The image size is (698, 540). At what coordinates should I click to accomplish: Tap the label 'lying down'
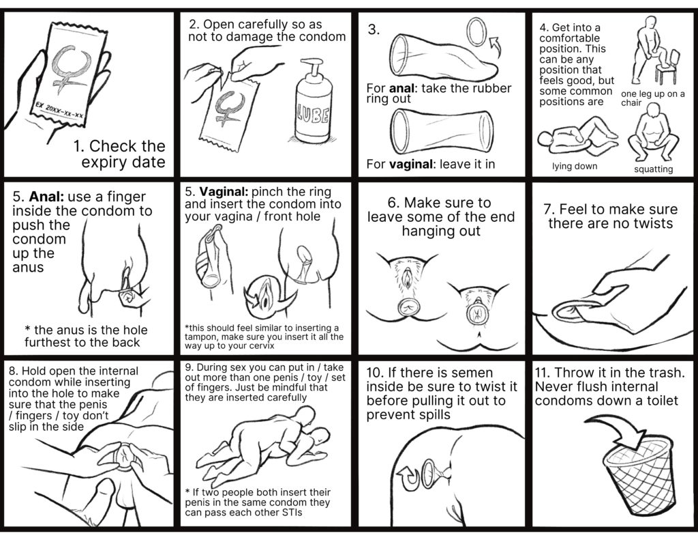(574, 166)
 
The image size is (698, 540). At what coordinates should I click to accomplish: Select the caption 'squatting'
(653, 169)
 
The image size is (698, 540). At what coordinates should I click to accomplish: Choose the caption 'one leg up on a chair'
(652, 98)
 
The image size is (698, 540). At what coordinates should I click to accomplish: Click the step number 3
(374, 30)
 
